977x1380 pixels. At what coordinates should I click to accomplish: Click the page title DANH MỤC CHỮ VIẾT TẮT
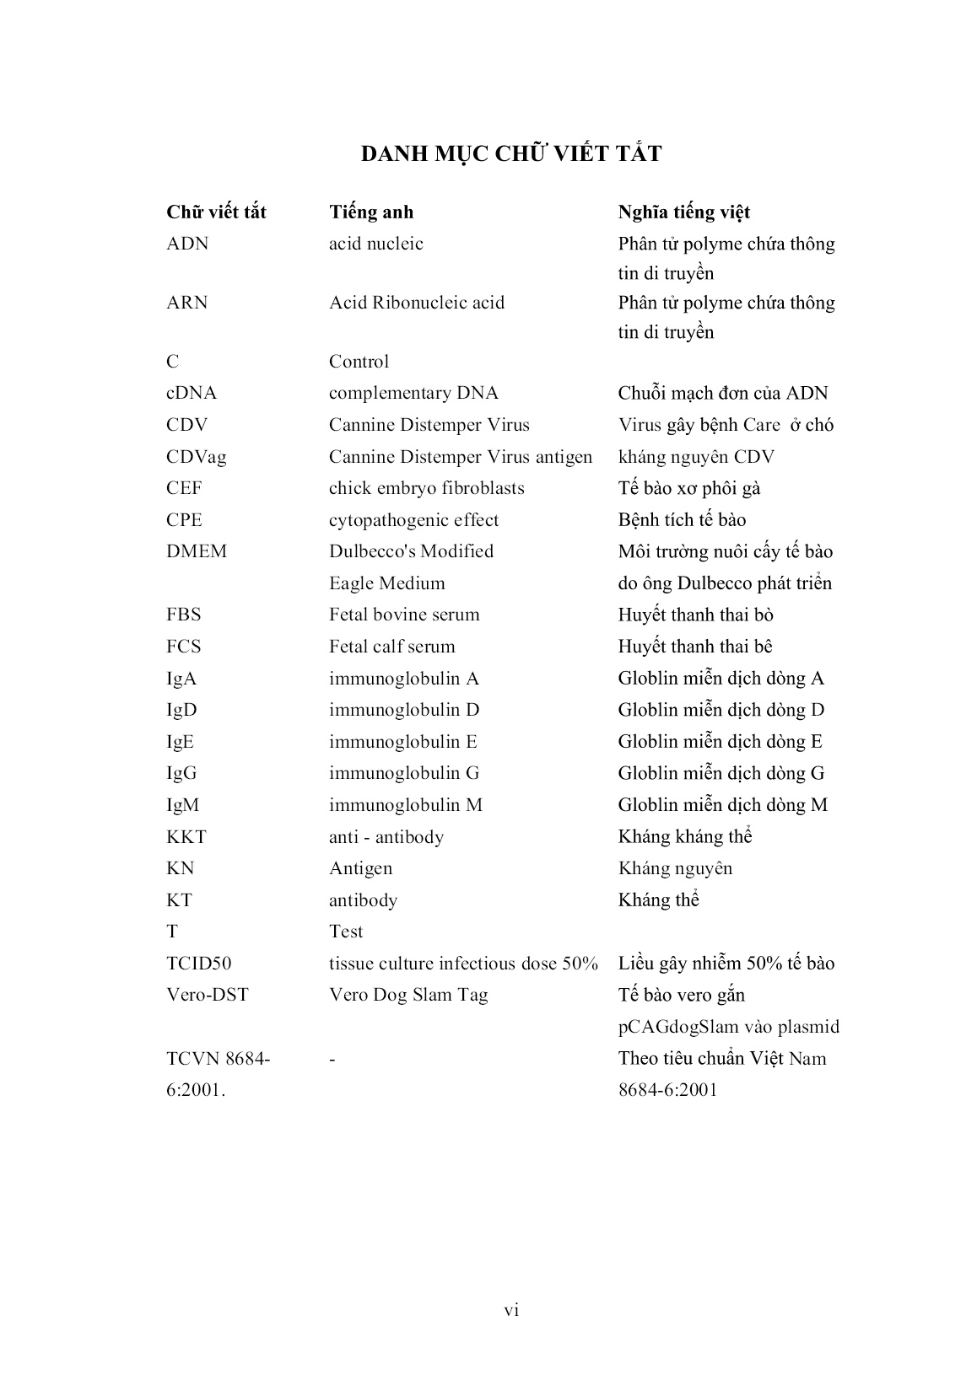pyautogui.click(x=511, y=154)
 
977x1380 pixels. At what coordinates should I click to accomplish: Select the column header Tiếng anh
pyautogui.click(x=371, y=212)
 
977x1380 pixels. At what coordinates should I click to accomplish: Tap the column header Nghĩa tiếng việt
pyautogui.click(x=683, y=212)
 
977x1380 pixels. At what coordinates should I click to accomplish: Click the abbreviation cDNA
pyautogui.click(x=192, y=393)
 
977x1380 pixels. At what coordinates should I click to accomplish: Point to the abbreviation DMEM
pyautogui.click(x=197, y=551)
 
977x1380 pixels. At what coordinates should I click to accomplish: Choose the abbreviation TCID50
pyautogui.click(x=199, y=964)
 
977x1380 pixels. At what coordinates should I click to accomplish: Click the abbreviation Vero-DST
pyautogui.click(x=208, y=995)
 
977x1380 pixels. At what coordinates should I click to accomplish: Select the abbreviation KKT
pyautogui.click(x=186, y=837)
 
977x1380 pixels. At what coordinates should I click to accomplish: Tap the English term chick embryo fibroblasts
pyautogui.click(x=426, y=488)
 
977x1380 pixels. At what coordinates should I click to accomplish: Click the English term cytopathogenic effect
pyautogui.click(x=413, y=520)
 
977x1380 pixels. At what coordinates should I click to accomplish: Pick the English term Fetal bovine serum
pyautogui.click(x=404, y=615)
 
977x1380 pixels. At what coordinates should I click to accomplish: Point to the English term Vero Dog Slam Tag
pyautogui.click(x=408, y=995)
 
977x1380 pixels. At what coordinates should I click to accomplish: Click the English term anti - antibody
pyautogui.click(x=386, y=837)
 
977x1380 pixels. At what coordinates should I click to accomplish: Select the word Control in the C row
pyautogui.click(x=359, y=362)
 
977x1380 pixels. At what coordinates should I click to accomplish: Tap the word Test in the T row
pyautogui.click(x=346, y=932)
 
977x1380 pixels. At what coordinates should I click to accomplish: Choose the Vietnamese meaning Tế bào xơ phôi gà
pyautogui.click(x=689, y=488)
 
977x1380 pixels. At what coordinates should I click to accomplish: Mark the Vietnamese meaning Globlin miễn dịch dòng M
pyautogui.click(x=722, y=805)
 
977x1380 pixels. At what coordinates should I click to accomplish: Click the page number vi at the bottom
pyautogui.click(x=511, y=1310)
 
